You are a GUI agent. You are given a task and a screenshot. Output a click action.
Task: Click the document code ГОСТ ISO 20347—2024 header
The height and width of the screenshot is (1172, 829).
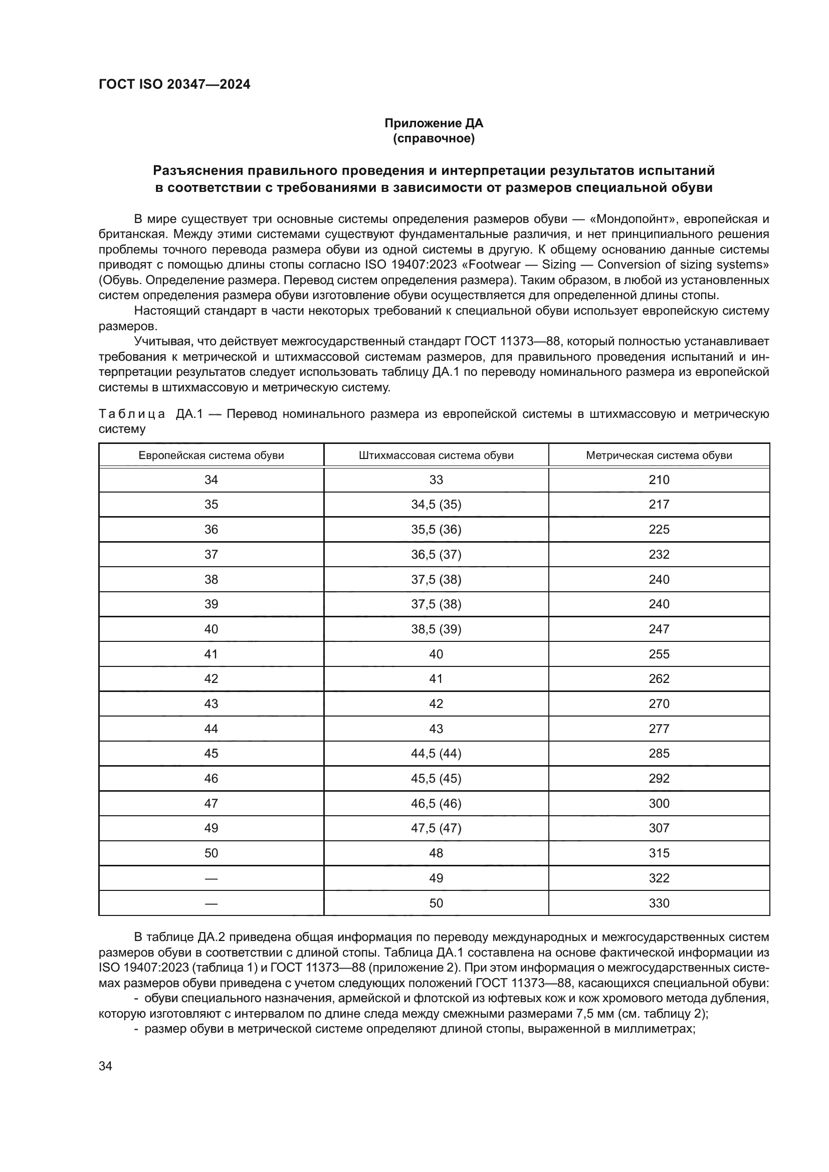174,85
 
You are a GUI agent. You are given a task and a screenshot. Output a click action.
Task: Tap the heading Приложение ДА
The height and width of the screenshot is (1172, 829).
434,123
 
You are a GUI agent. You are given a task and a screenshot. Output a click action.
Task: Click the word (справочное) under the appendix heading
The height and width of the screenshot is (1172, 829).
434,138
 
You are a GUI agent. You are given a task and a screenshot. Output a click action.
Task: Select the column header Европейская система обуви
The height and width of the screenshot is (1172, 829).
211,455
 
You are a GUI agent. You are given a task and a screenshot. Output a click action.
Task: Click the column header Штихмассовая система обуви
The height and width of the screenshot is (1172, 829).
436,455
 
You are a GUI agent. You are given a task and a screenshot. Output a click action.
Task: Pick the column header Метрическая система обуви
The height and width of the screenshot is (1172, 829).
659,455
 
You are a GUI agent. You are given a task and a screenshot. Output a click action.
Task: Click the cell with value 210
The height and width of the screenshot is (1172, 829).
659,480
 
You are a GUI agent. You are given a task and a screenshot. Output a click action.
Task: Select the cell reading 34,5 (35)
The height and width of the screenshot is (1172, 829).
436,505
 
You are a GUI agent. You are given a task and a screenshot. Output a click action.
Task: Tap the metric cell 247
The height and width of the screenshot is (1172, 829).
659,629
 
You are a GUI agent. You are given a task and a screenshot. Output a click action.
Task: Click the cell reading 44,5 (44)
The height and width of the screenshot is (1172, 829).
436,754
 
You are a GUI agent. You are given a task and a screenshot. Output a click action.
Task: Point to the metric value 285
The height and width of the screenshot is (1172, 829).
659,754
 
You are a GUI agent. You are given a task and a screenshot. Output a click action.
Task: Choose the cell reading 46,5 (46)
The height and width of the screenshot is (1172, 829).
436,803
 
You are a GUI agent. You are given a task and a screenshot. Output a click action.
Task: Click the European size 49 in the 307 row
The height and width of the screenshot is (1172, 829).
211,828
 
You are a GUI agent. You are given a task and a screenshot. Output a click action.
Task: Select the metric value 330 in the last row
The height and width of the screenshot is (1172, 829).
659,903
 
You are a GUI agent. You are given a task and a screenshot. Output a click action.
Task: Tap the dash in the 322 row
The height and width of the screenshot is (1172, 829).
211,878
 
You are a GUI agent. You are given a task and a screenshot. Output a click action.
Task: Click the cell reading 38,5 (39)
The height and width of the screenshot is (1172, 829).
436,629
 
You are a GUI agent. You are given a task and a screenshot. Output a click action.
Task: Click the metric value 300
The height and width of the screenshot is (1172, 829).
659,803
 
